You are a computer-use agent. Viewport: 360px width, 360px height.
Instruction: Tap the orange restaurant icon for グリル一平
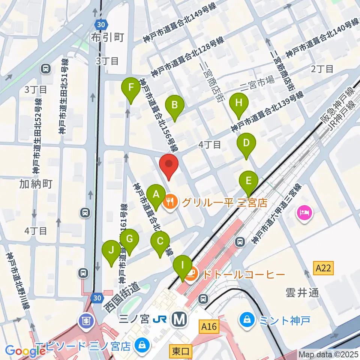tap(170, 202)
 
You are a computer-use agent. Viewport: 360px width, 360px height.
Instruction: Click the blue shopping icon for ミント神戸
tap(247, 320)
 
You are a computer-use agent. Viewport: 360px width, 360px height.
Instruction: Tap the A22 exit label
tap(323, 268)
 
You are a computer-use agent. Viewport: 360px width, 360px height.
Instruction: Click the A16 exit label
tap(208, 327)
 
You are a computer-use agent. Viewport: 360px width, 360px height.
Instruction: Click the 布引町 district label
tap(107, 37)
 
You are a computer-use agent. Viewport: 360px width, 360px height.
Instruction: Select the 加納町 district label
tap(36, 184)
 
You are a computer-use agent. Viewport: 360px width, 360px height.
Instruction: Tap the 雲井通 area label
tap(302, 292)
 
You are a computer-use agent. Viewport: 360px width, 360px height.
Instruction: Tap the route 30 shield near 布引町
tap(100, 23)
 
